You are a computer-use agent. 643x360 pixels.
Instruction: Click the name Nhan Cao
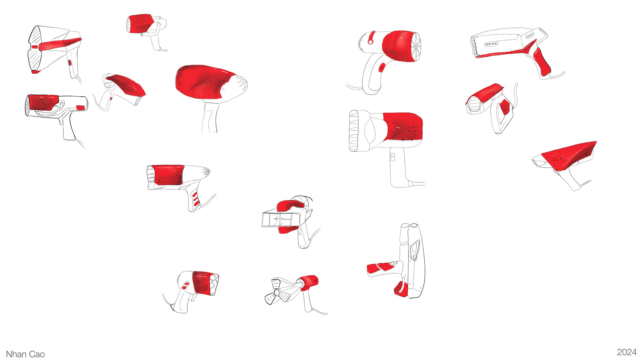pyautogui.click(x=25, y=354)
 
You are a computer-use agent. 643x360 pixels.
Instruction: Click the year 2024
pyautogui.click(x=627, y=352)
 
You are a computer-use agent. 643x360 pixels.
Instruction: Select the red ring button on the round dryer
pyautogui.click(x=371, y=38)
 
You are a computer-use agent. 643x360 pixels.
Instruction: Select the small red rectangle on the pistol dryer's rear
pyautogui.click(x=80, y=107)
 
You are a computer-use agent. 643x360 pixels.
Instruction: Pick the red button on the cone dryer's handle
pyautogui.click(x=70, y=63)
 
